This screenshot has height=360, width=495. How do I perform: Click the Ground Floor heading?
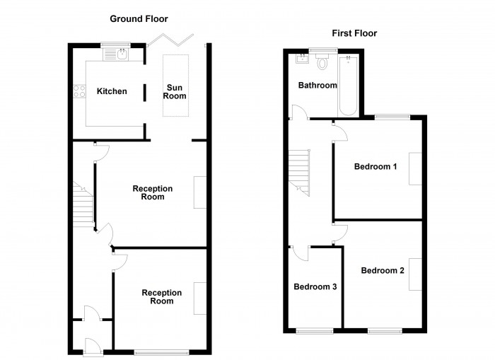pyautogui.click(x=139, y=18)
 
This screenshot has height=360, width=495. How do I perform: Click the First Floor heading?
pyautogui.click(x=354, y=33)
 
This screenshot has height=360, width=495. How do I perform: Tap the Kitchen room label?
pyautogui.click(x=112, y=91)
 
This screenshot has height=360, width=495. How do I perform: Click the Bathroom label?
pyautogui.click(x=317, y=86)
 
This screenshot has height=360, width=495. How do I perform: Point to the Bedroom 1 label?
pyautogui.click(x=375, y=167)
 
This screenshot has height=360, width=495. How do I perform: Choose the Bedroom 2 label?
pyautogui.click(x=383, y=270)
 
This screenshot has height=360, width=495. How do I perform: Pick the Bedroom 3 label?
pyautogui.click(x=315, y=287)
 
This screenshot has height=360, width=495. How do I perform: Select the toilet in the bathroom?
pyautogui.click(x=324, y=62)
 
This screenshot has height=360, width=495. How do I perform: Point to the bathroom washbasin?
pyautogui.click(x=302, y=59)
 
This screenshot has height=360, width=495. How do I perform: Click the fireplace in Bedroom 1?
pyautogui.click(x=415, y=168)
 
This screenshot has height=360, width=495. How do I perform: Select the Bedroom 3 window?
pyautogui.click(x=314, y=330)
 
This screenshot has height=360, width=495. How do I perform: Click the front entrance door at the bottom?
pyautogui.click(x=89, y=346)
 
